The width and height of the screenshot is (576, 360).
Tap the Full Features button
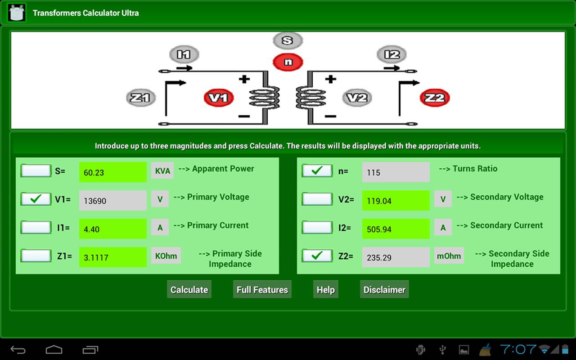[x=262, y=289]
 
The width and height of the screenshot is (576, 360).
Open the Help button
[x=325, y=289]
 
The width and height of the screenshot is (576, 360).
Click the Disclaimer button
[x=384, y=289]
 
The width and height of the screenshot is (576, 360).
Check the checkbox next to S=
[x=36, y=171]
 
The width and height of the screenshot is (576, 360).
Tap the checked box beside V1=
[x=36, y=199]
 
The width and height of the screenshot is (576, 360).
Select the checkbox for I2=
[x=317, y=227]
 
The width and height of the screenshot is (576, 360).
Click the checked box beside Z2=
[x=317, y=256]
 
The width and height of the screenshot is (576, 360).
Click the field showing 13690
[x=112, y=201]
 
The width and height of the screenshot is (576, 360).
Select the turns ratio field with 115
[x=396, y=172]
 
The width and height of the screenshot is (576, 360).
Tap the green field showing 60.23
[x=112, y=172]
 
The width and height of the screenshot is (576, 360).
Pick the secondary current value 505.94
[x=396, y=229]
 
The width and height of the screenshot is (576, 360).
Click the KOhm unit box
[x=166, y=256]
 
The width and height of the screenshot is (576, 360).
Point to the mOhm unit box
[x=449, y=256]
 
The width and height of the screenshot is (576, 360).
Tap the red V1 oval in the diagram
[x=219, y=98]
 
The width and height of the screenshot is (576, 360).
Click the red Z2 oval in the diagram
[x=435, y=98]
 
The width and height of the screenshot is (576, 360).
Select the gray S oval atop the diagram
[x=288, y=40]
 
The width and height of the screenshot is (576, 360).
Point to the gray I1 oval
[x=184, y=54]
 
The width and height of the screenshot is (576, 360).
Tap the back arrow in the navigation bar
[x=18, y=349]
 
